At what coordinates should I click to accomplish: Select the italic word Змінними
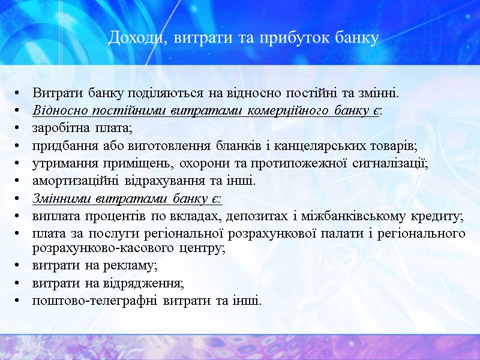coord(59,198)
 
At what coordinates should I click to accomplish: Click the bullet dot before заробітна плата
coord(21,129)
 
